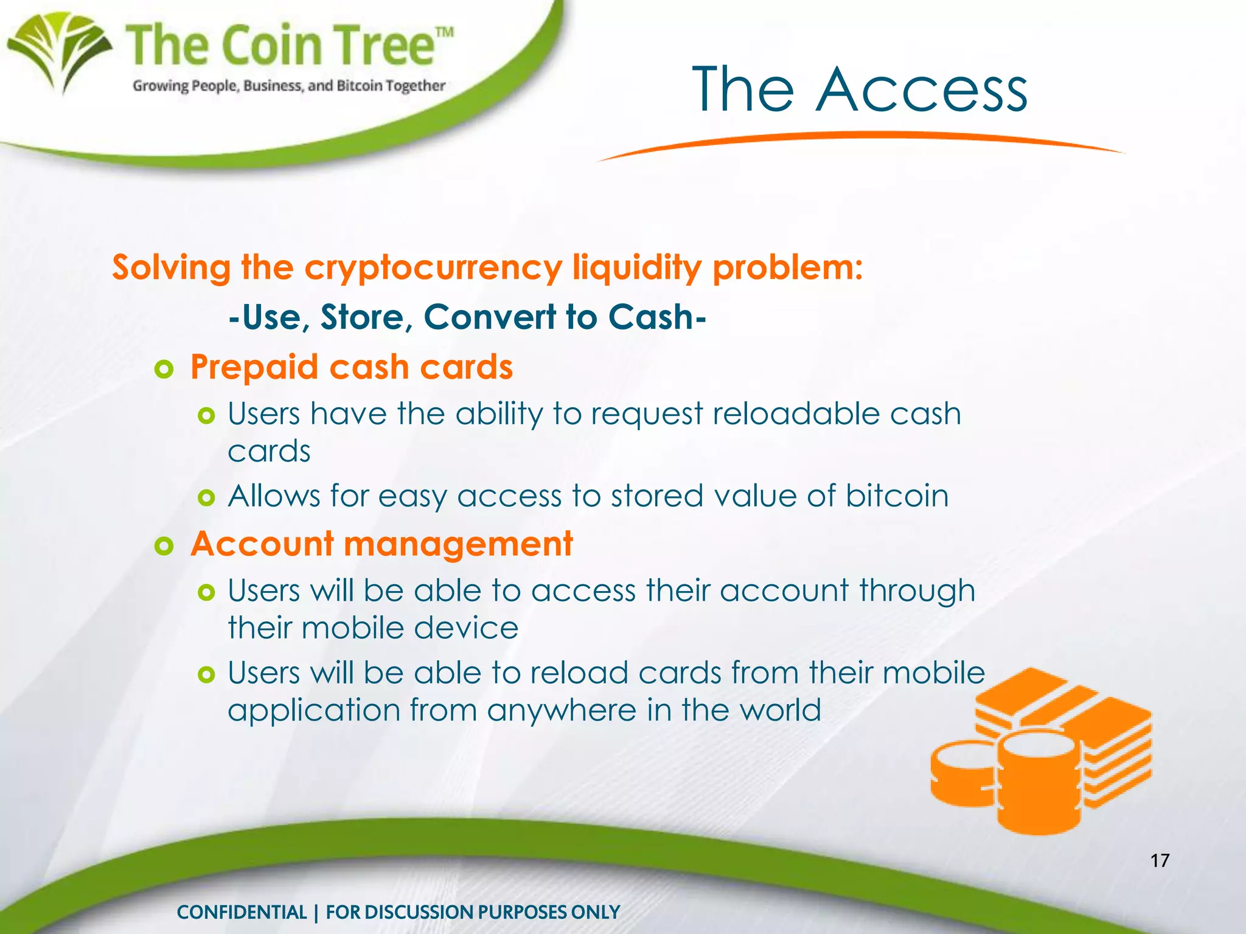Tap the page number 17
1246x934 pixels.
(x=1160, y=860)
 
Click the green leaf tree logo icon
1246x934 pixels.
(x=59, y=52)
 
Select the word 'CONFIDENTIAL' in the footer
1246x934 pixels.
(x=242, y=912)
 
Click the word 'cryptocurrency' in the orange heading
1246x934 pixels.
(x=433, y=268)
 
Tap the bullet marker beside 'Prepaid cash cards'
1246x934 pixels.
(x=164, y=369)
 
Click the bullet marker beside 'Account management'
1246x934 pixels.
(x=164, y=545)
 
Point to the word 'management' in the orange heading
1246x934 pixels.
(x=458, y=544)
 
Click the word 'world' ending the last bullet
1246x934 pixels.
(x=781, y=710)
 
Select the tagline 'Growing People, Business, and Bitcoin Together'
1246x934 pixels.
(x=289, y=86)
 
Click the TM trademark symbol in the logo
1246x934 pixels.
(x=445, y=32)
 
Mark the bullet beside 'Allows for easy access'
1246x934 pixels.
(x=207, y=499)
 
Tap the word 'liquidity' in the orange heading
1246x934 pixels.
(x=636, y=268)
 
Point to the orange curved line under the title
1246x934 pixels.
(x=858, y=139)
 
